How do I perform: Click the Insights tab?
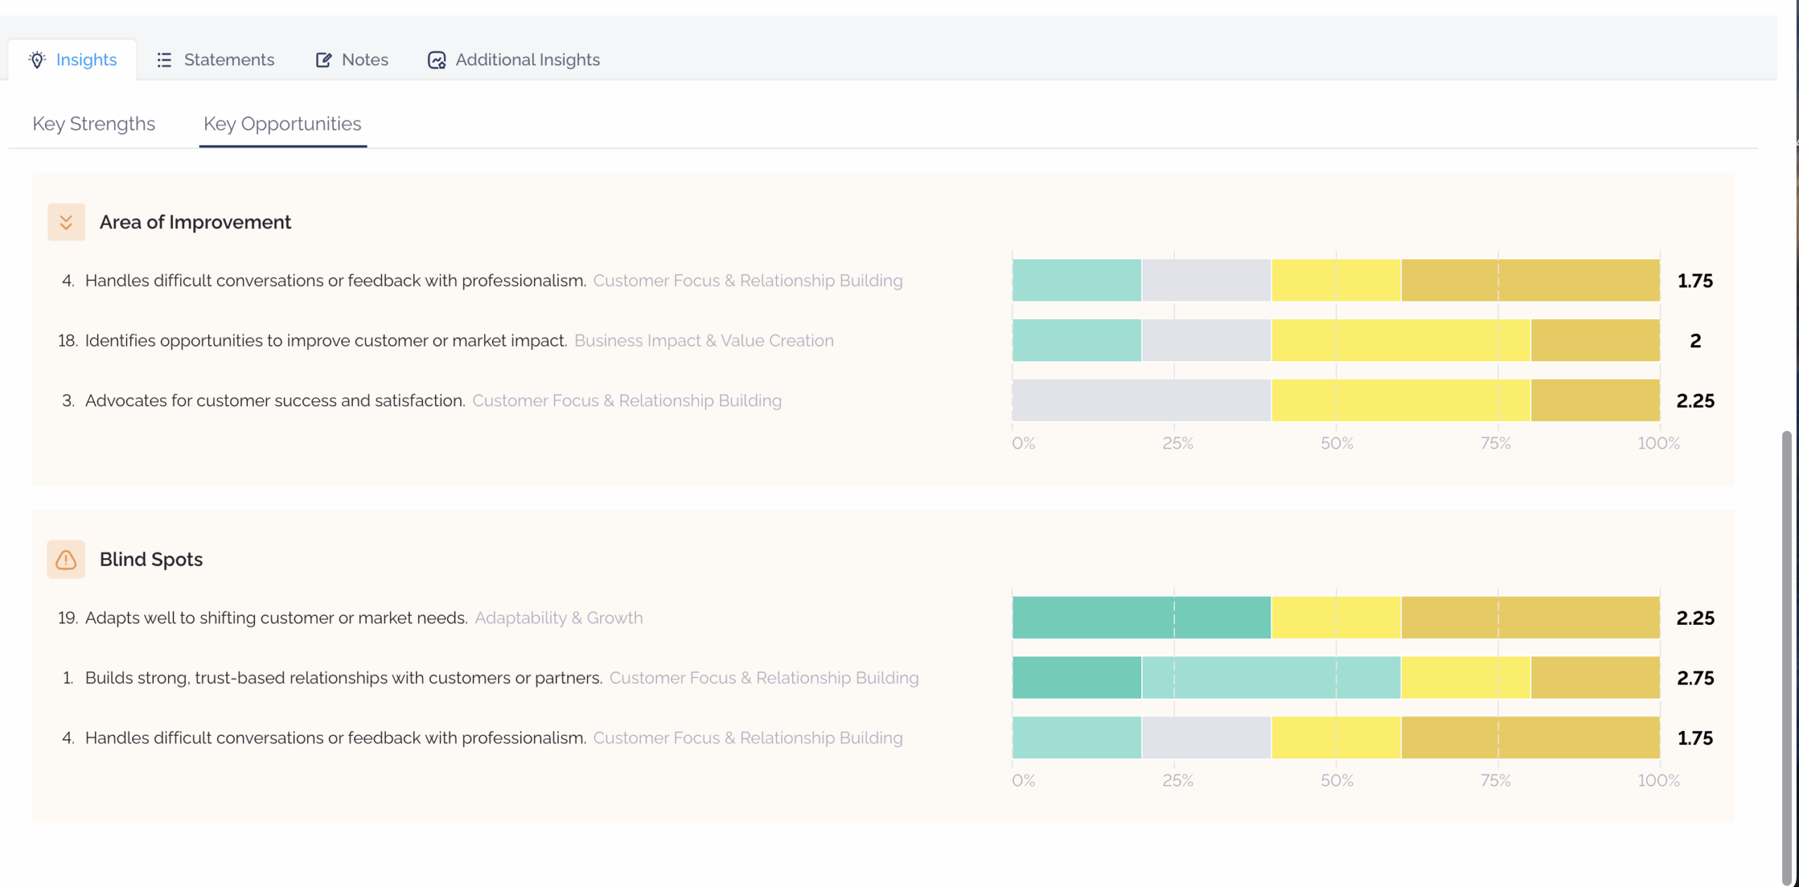(x=72, y=60)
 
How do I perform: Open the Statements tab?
(x=215, y=60)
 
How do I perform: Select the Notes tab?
(x=351, y=60)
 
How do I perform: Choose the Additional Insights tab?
(x=514, y=60)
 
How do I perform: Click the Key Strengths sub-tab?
(x=93, y=124)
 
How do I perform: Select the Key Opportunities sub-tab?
(x=282, y=124)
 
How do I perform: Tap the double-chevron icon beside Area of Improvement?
(x=66, y=222)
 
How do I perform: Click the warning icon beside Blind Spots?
(x=66, y=559)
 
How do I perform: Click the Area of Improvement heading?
(x=195, y=222)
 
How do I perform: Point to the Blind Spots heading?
(x=151, y=559)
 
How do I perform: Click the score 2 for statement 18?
(x=1695, y=341)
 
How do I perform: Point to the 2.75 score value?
(x=1695, y=678)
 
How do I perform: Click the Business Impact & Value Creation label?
(x=704, y=341)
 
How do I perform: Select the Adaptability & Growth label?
(x=559, y=618)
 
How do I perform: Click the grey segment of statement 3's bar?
(x=1141, y=401)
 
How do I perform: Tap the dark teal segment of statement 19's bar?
(x=1141, y=618)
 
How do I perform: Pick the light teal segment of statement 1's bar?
(x=1271, y=678)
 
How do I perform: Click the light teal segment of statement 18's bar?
(x=1077, y=340)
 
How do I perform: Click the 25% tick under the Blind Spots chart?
(x=1178, y=781)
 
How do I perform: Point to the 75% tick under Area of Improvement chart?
(x=1495, y=443)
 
